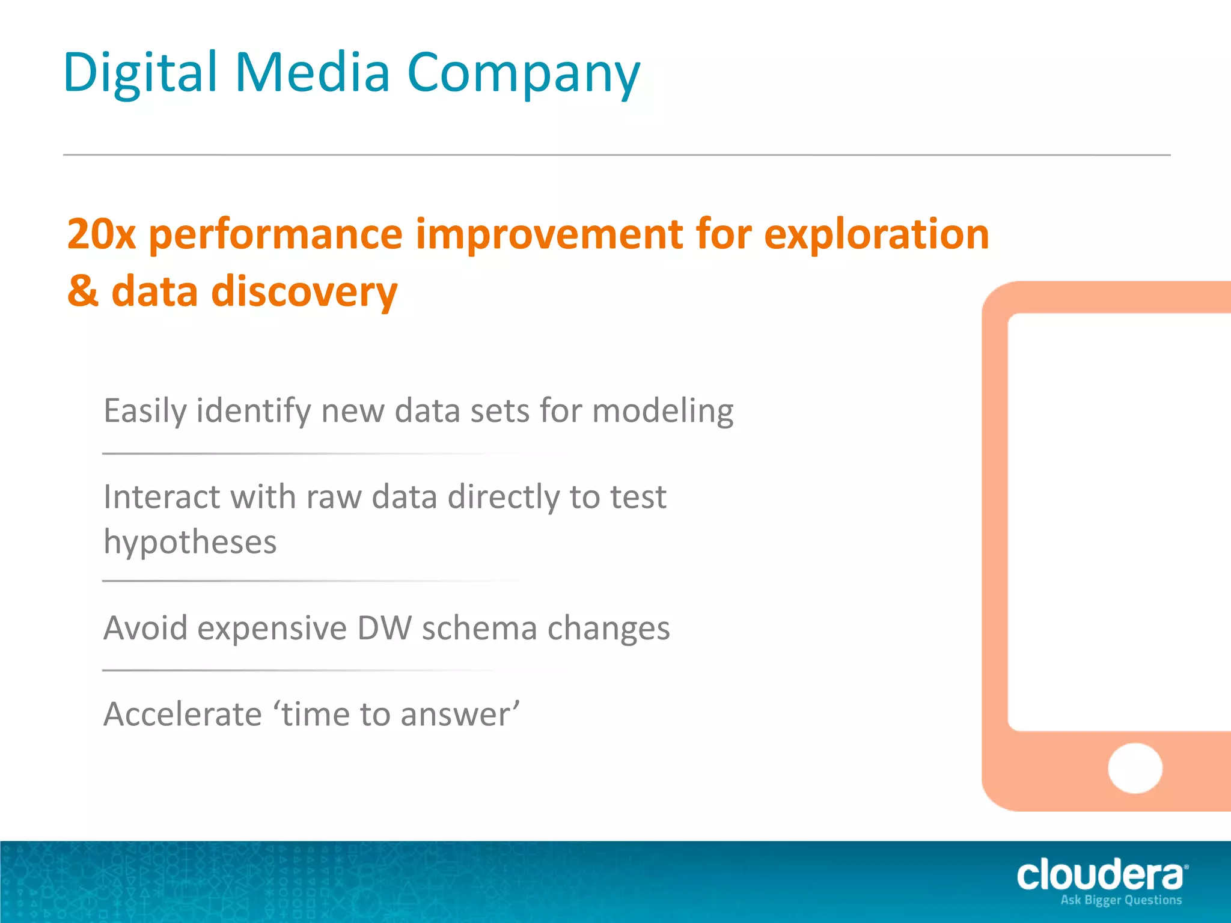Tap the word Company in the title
[x=523, y=73]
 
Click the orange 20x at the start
[x=101, y=234]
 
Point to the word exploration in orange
[x=876, y=234]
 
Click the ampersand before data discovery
[x=82, y=291]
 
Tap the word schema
[x=479, y=629]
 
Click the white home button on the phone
[x=1135, y=769]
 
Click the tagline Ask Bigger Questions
[x=1121, y=900]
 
